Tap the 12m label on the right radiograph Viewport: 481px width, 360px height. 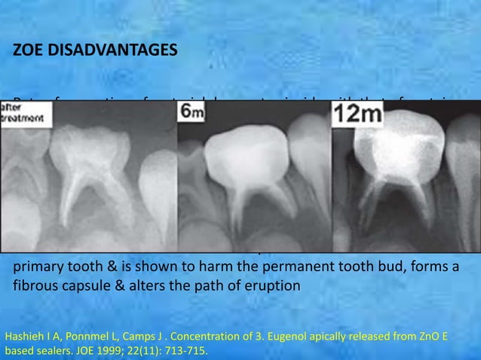click(358, 114)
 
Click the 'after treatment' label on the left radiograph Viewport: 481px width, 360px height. click(21, 113)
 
